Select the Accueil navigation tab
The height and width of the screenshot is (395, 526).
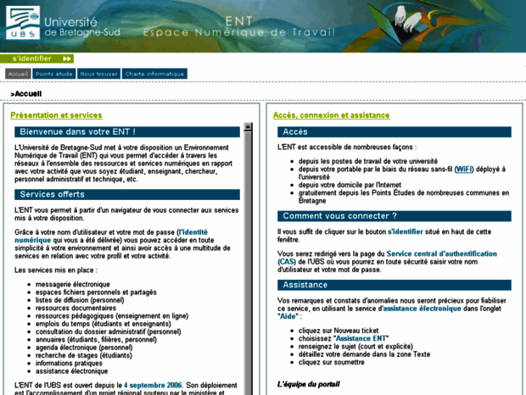coord(18,74)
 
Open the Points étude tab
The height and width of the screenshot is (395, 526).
coord(54,74)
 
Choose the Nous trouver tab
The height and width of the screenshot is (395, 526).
coord(98,74)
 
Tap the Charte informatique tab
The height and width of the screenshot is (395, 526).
coord(154,74)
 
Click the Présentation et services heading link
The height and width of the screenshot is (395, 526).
coord(56,115)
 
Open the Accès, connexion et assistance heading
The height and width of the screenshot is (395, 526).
coord(332,115)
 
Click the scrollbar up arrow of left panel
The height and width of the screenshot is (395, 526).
coord(249,128)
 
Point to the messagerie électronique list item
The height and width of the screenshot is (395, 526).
coord(72,284)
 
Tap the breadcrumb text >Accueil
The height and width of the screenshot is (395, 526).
coord(26,94)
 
